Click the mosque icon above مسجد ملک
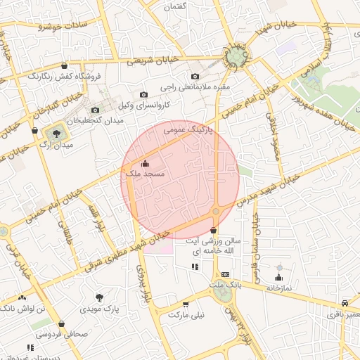click(146, 164)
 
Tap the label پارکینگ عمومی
click(188, 130)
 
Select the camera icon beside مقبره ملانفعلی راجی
click(195, 76)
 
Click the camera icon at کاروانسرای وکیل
click(143, 94)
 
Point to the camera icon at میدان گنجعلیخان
click(95, 110)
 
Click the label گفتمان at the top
click(174, 6)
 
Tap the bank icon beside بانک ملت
click(224, 274)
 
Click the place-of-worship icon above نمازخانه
click(279, 278)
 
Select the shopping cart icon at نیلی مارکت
click(186, 304)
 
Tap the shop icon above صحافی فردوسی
click(61, 324)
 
